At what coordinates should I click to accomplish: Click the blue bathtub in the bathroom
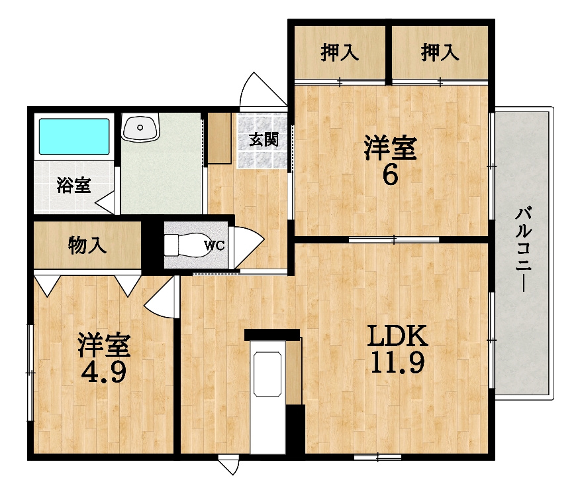click(74, 137)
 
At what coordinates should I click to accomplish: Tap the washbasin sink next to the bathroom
click(140, 127)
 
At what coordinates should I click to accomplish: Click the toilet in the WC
click(187, 245)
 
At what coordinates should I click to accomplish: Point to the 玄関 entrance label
click(264, 139)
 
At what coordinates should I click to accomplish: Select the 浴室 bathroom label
click(73, 185)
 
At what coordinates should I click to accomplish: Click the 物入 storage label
click(87, 245)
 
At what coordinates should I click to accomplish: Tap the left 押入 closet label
click(340, 52)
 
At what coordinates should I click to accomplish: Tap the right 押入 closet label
click(440, 52)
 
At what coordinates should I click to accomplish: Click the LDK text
click(397, 336)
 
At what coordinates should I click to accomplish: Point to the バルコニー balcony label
click(523, 249)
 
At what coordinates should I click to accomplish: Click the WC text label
click(215, 245)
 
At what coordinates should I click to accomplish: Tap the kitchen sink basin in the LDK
click(267, 374)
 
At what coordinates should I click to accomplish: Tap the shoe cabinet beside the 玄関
click(219, 138)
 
